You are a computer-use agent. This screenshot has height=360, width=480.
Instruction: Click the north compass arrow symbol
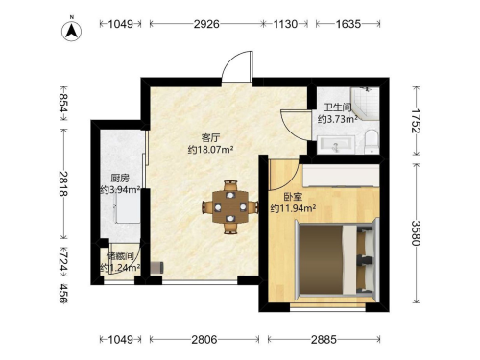tap(72, 30)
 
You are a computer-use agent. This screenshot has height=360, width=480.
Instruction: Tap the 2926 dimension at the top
tap(206, 24)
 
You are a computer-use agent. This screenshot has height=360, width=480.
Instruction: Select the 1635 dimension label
tap(348, 24)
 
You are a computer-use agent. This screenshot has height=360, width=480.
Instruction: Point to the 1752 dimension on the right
tap(417, 121)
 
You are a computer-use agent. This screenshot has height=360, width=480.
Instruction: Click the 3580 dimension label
tap(417, 232)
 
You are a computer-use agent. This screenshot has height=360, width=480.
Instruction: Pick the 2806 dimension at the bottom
tap(204, 339)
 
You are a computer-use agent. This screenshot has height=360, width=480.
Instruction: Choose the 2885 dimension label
tap(324, 339)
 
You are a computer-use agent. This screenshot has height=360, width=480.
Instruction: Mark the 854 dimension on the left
tap(63, 103)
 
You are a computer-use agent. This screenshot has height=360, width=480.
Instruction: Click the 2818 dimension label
tap(63, 183)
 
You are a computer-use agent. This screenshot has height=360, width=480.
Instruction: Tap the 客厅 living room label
tap(210, 138)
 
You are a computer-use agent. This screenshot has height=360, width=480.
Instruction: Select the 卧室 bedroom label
tap(293, 197)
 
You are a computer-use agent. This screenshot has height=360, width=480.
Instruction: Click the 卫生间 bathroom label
tap(338, 107)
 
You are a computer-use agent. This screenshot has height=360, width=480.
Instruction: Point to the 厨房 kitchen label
tap(120, 178)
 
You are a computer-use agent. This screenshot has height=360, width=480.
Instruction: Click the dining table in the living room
tap(230, 207)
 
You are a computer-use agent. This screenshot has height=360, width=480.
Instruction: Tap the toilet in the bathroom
tap(372, 141)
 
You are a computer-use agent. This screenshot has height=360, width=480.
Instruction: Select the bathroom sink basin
tap(336, 145)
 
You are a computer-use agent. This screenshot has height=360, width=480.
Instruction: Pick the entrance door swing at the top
tap(237, 66)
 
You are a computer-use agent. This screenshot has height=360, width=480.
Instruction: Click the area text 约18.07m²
tap(210, 150)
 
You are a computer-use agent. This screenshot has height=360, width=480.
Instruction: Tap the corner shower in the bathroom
tap(365, 103)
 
